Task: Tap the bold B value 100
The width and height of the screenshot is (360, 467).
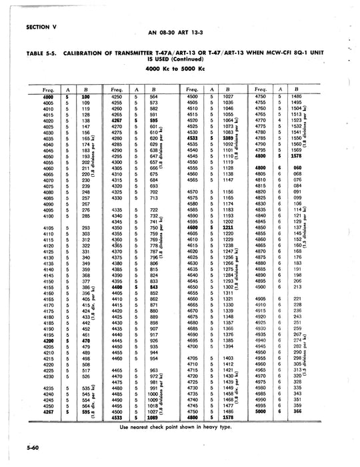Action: (x=85, y=97)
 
